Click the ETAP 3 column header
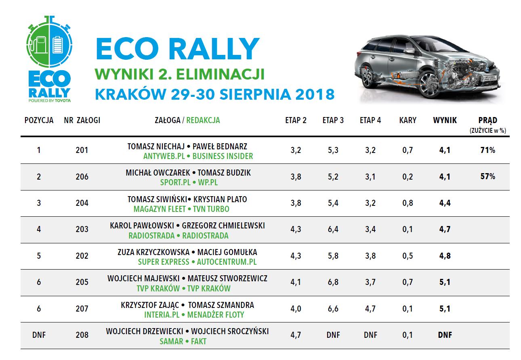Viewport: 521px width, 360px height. click(333, 120)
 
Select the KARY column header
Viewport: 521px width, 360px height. click(408, 120)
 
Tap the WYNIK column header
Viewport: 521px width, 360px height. click(445, 120)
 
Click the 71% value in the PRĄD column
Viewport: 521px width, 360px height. click(487, 151)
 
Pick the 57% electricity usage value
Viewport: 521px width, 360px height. click(487, 177)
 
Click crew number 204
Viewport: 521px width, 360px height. click(82, 203)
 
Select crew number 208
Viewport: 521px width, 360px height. click(82, 335)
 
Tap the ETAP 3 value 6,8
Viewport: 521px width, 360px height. click(333, 282)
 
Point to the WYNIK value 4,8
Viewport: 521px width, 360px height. click(445, 256)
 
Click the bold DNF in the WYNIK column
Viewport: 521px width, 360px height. click(445, 335)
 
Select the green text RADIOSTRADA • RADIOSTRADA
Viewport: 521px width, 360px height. click(179, 236)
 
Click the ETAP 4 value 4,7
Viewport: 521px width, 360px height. click(370, 309)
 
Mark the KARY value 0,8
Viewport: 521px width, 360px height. click(408, 203)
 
